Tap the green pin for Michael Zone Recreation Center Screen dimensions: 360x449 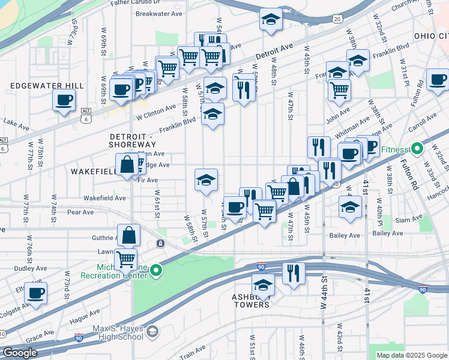(156, 271)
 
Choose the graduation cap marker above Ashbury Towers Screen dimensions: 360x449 (263, 284)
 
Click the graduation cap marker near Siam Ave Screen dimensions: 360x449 (350, 208)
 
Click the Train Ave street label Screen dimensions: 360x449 (192, 352)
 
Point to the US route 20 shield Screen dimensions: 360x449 (338, 19)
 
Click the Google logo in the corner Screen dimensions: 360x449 (20, 353)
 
